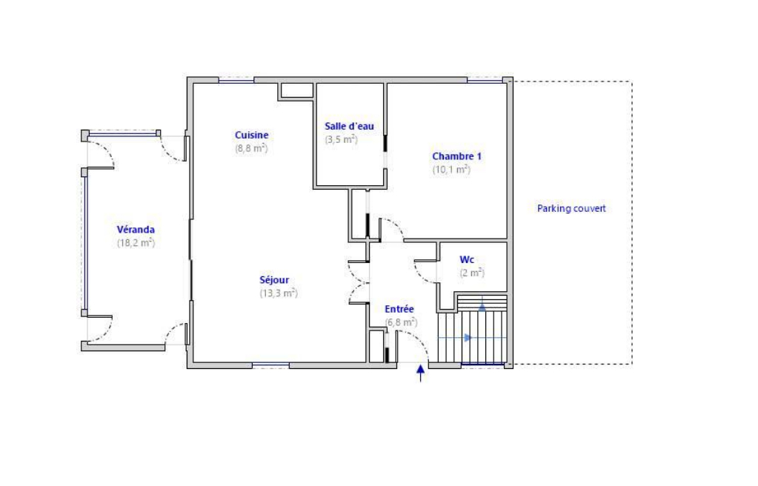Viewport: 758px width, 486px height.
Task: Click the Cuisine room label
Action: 251,135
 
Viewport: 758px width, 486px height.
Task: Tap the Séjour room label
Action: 274,279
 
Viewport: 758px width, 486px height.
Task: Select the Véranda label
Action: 136,230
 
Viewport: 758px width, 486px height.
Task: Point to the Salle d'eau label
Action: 349,126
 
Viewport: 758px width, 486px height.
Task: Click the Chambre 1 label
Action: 457,156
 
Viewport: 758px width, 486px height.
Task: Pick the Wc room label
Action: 467,260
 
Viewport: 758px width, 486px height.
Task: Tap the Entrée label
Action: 399,309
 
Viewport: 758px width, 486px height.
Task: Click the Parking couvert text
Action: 571,208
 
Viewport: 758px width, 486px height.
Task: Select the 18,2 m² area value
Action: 136,243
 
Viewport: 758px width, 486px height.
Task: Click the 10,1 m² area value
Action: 451,169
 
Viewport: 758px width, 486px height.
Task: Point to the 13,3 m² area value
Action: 279,293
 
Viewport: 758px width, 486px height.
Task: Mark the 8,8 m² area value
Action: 251,148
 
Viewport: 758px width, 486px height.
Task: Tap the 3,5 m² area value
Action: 342,139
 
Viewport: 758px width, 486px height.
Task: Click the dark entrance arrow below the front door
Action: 421,373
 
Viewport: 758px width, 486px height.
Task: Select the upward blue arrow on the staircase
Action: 482,307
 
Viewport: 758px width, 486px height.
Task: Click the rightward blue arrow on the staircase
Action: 468,338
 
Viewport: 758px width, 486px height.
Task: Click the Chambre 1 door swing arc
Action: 394,226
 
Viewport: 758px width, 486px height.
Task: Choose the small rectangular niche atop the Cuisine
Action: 297,90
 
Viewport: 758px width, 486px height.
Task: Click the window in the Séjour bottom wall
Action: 270,365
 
